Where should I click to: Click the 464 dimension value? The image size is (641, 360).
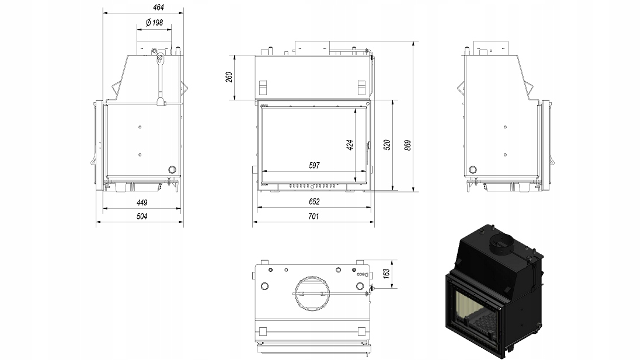click(158, 8)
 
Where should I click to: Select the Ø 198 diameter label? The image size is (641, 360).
click(154, 23)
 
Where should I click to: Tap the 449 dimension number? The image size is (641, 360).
click(142, 202)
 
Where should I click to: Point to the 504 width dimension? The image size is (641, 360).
click(142, 216)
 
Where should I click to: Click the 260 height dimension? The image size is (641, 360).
click(229, 77)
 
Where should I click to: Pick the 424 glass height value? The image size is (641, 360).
click(350, 145)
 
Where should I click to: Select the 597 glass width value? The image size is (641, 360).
click(314, 166)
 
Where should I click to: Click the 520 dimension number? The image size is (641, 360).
click(386, 145)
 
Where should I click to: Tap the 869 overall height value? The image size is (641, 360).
click(407, 145)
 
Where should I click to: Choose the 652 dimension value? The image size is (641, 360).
click(314, 202)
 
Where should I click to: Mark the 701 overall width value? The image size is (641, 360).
click(313, 216)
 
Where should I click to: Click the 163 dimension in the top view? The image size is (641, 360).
click(386, 274)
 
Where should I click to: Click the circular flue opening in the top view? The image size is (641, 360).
click(312, 293)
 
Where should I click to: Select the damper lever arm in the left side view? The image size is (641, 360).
click(160, 78)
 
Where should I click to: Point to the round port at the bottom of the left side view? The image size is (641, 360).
click(173, 170)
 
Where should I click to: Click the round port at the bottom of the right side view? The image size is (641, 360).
click(473, 170)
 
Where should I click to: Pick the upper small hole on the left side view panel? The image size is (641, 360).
click(140, 127)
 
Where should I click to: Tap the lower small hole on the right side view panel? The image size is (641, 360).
click(506, 155)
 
